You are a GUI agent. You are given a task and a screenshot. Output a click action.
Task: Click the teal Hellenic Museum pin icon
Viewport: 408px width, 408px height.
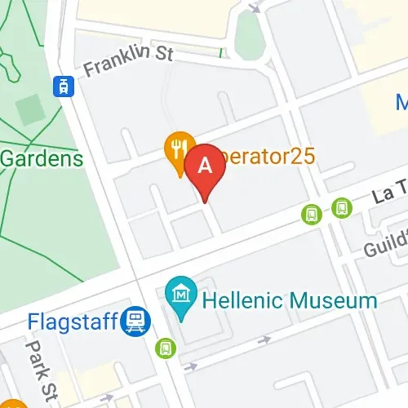pos(178,292)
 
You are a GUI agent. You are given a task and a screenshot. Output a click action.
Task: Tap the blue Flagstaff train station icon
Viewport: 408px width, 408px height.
pos(134,322)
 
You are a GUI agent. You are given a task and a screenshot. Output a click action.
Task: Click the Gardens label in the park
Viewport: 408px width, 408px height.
pos(41,157)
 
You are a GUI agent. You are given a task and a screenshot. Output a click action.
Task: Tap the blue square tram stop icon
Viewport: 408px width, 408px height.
pos(61,85)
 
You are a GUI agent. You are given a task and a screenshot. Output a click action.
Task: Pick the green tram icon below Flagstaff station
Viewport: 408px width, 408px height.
pos(166,348)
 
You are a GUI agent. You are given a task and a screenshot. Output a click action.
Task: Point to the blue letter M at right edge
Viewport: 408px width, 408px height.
pos(401,103)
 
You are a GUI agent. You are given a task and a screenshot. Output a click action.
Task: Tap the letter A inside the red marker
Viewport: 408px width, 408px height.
pos(206,164)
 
